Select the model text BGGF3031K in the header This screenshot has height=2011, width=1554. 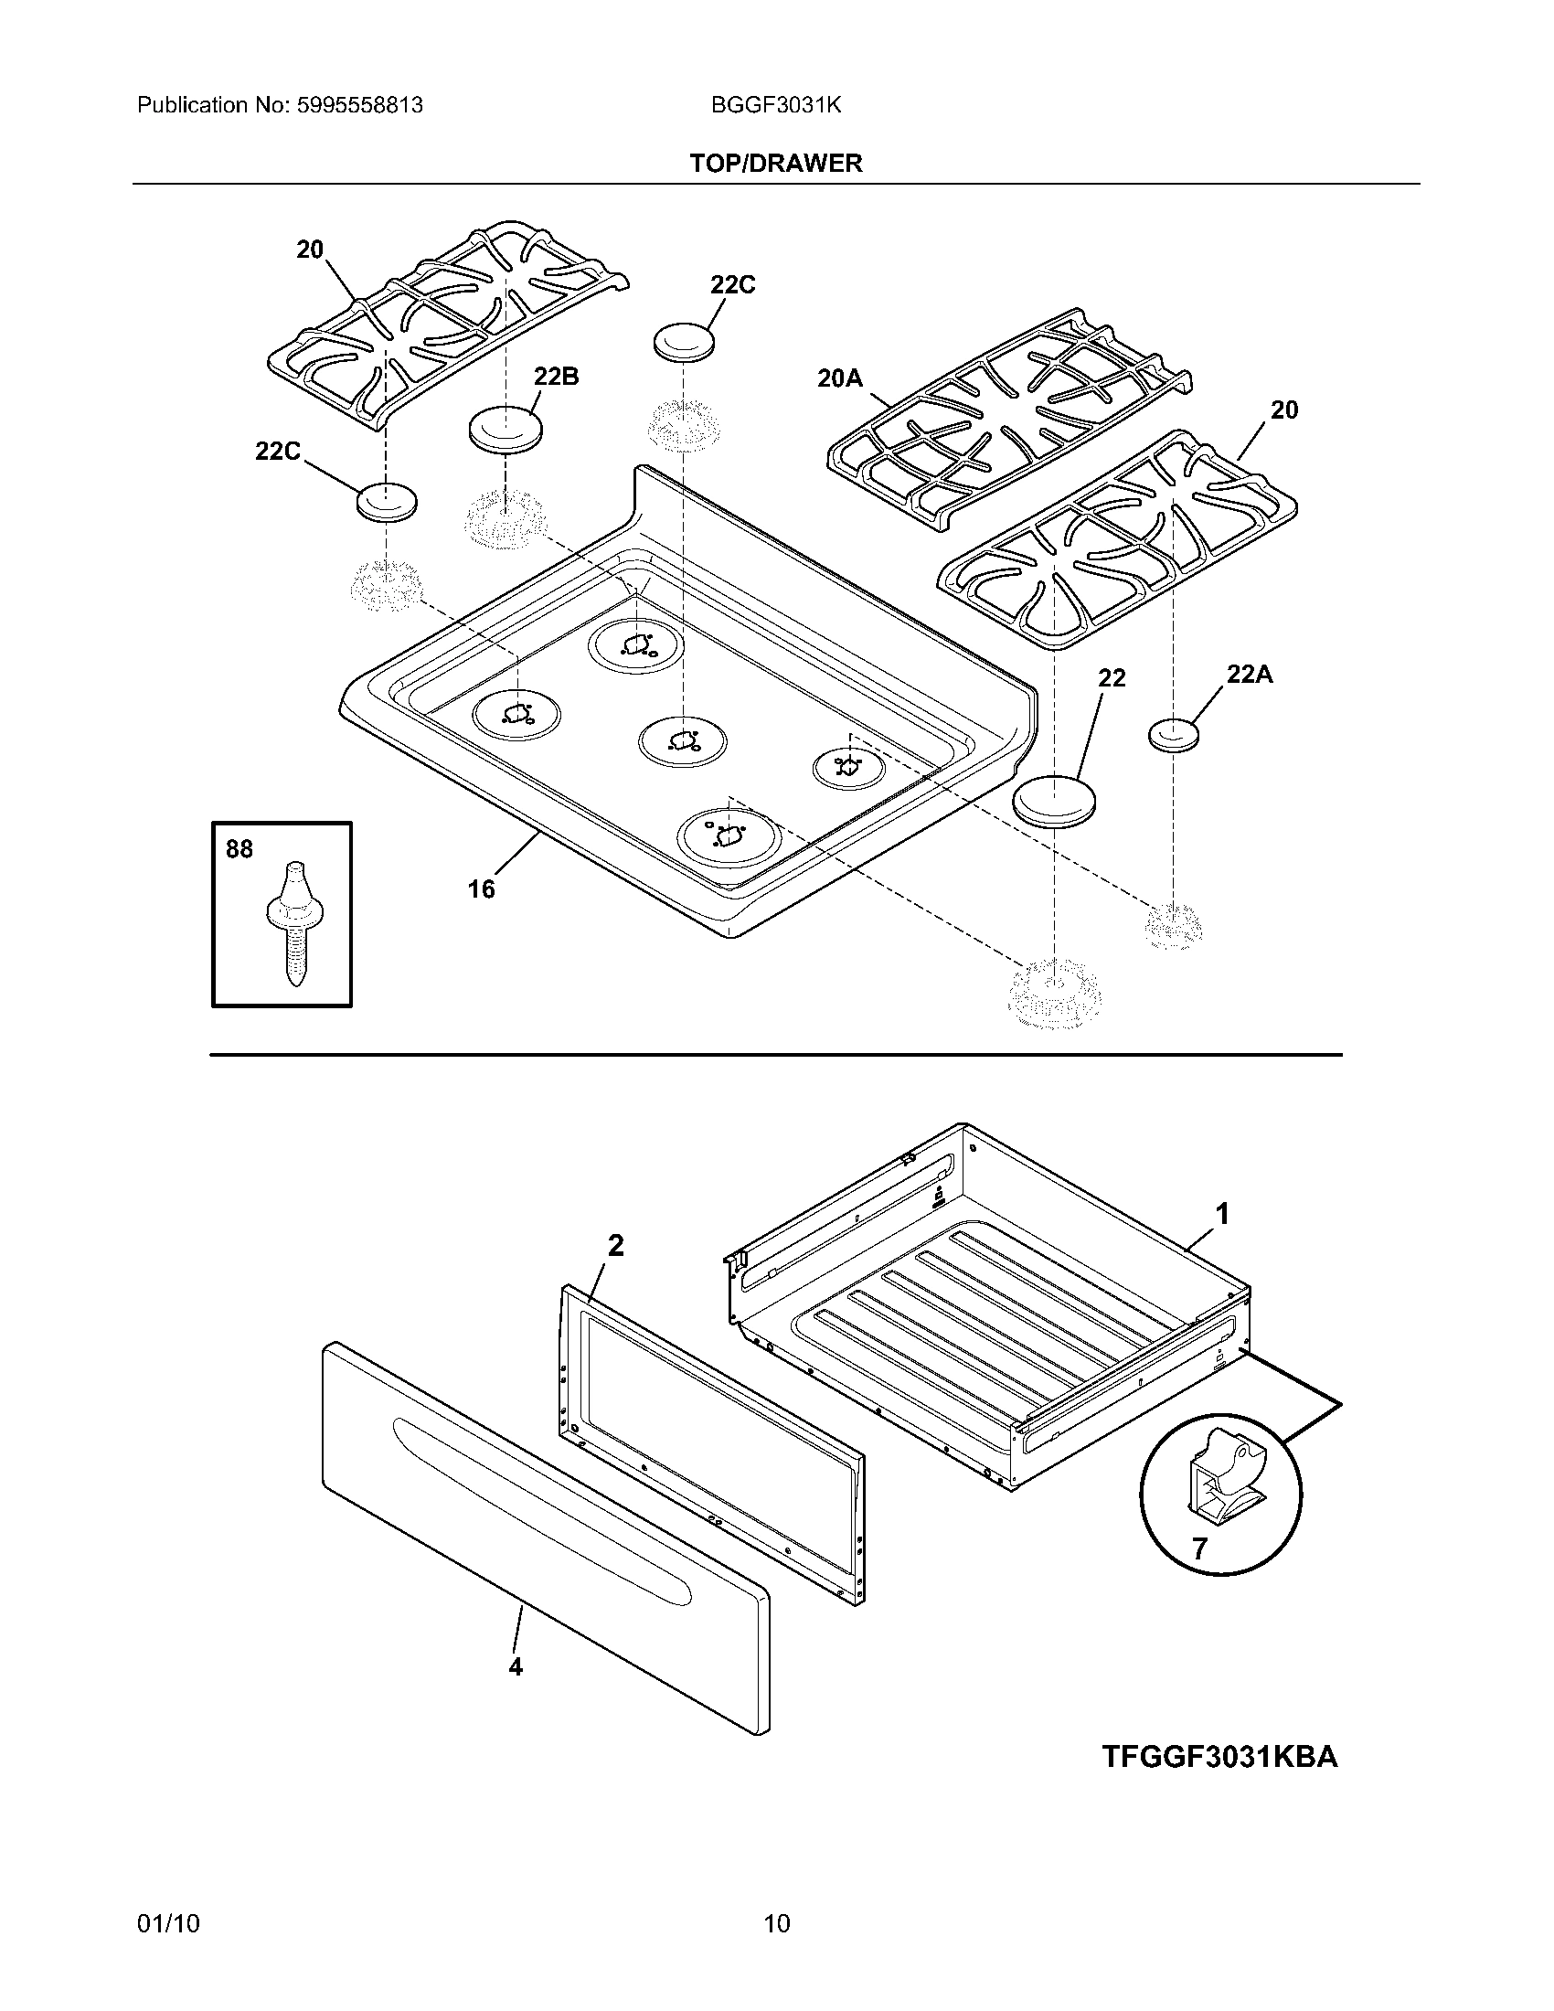coord(775,105)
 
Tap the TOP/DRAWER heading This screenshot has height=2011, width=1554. coord(776,163)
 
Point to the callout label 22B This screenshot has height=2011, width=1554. coord(556,377)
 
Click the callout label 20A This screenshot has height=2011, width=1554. coord(839,378)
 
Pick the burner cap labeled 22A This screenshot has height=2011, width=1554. coord(1175,735)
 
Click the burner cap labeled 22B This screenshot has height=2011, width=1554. coord(506,429)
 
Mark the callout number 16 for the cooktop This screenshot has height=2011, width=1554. coord(481,888)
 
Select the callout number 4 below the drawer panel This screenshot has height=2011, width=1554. coord(516,1691)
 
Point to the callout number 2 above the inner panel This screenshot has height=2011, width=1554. coord(615,1246)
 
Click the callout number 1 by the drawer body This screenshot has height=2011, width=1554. coord(1221,1215)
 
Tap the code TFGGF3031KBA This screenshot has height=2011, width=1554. coord(1219,1757)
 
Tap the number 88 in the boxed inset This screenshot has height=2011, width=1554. coord(239,848)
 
